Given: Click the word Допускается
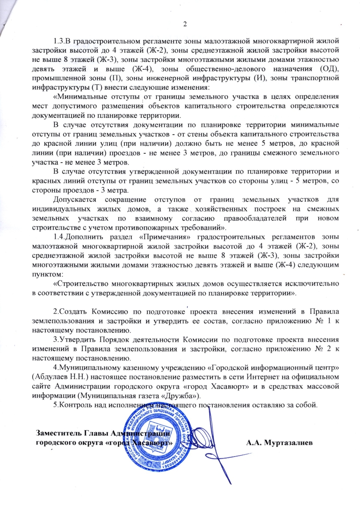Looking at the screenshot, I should click(77, 199).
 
